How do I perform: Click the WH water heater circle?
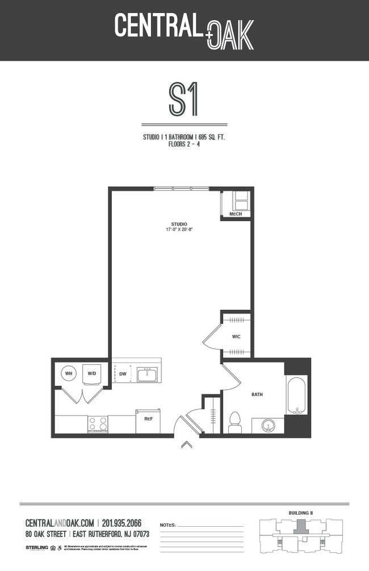[x=69, y=373]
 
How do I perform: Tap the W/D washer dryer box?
[x=92, y=374]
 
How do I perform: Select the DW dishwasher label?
[x=123, y=374]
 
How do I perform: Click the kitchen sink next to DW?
[x=147, y=374]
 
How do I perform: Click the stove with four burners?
[x=97, y=424]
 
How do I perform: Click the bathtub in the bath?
[x=296, y=395]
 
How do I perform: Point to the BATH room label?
[x=257, y=394]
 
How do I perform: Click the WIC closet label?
[x=236, y=336]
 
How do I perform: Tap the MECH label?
[x=235, y=214]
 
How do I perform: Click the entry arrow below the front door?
[x=186, y=444]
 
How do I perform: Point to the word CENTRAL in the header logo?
[x=158, y=26]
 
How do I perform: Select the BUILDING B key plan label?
[x=301, y=513]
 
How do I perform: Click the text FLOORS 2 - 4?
[x=184, y=144]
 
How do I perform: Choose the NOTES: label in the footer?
[x=168, y=525]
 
